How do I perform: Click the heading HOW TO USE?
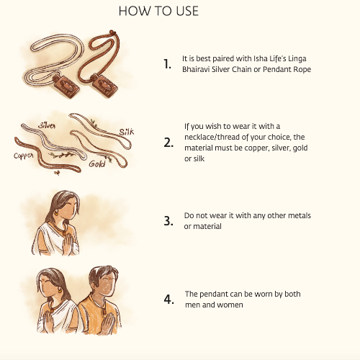click(x=158, y=11)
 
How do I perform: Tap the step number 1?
click(x=167, y=64)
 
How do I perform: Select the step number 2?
click(x=168, y=143)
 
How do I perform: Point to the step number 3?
click(x=168, y=221)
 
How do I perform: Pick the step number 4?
click(x=169, y=300)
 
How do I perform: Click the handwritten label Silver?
click(x=47, y=125)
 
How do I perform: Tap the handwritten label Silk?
click(x=127, y=132)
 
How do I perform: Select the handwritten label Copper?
click(x=24, y=156)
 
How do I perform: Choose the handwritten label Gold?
click(x=97, y=163)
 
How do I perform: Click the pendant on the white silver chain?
click(x=66, y=86)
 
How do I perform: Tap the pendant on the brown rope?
click(x=104, y=85)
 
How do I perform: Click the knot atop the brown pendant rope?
click(x=112, y=32)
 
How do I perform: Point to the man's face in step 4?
click(x=106, y=285)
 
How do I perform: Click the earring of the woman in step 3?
click(x=56, y=212)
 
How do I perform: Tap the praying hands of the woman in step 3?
click(x=68, y=243)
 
